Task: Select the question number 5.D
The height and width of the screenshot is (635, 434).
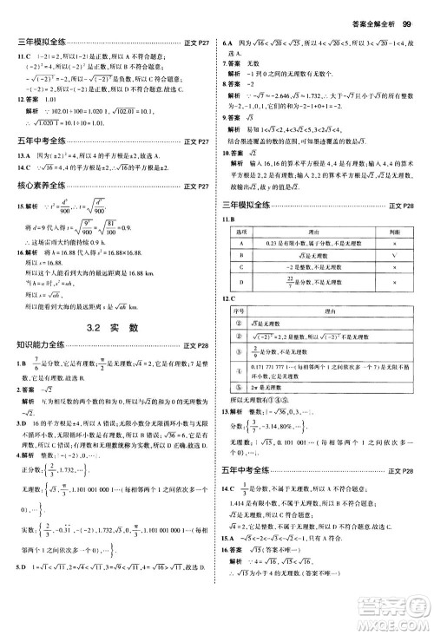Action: [14, 615]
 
